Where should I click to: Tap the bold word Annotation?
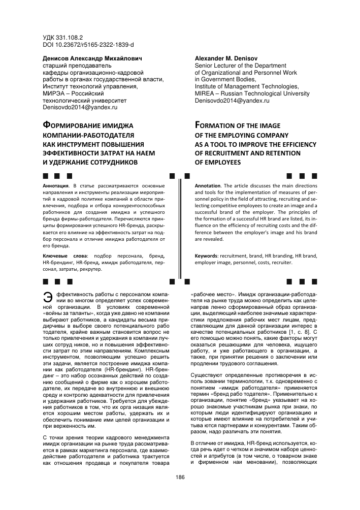tap(209, 186)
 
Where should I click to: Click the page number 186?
tap(180, 477)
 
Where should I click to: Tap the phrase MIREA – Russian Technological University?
tap(252, 94)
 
